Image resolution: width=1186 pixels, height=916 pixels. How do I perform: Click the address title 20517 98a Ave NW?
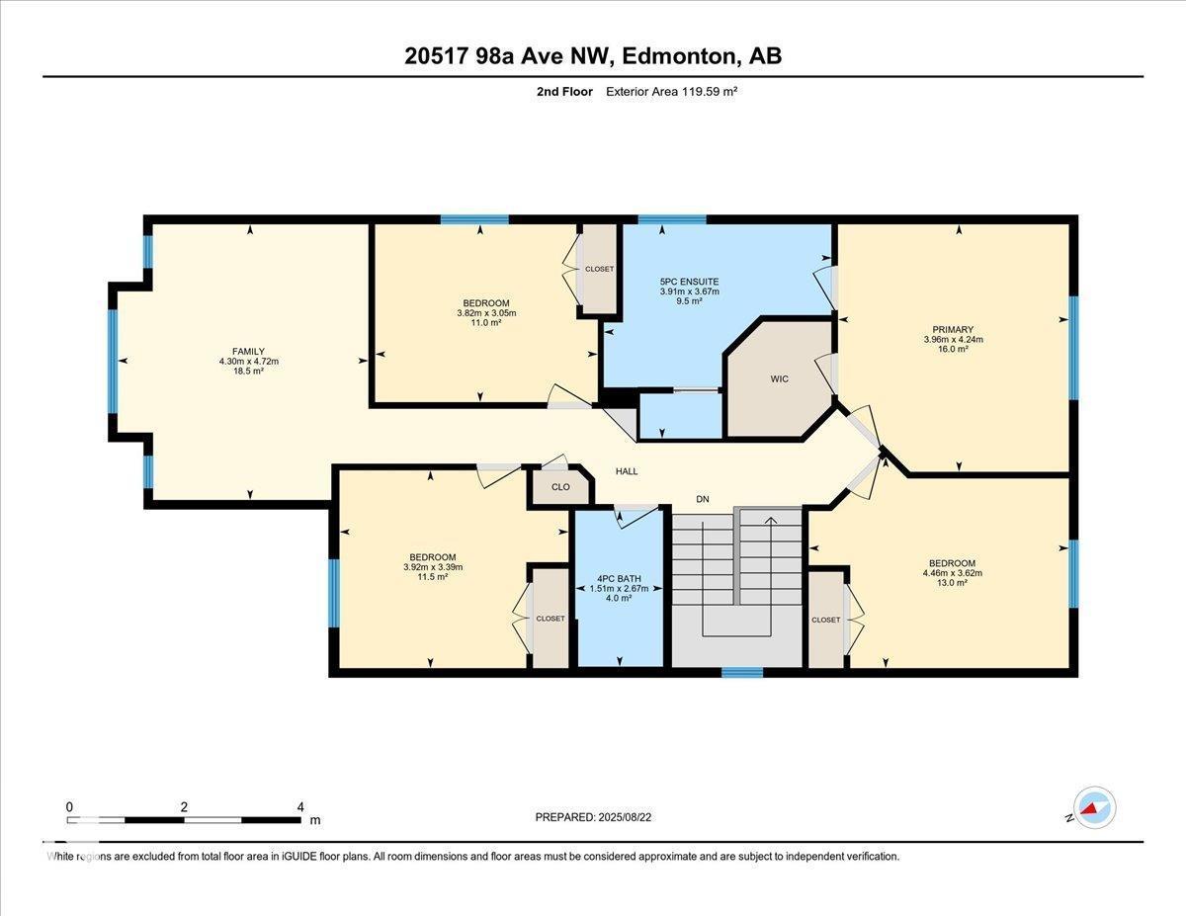tap(592, 56)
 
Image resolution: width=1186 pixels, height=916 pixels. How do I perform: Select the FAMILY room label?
tap(249, 351)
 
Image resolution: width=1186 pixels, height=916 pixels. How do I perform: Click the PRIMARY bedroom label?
tap(953, 330)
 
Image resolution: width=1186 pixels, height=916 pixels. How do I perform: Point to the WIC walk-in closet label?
tap(779, 379)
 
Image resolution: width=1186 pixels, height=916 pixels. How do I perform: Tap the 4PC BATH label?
tap(618, 578)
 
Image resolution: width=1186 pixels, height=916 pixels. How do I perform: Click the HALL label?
tap(627, 471)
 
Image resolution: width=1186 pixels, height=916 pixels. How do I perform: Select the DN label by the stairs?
tap(703, 500)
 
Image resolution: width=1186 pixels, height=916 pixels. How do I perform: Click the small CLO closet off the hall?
tap(560, 487)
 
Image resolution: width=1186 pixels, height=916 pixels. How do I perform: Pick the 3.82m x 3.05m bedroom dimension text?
tap(486, 313)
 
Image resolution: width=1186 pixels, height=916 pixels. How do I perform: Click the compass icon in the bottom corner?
tap(1095, 807)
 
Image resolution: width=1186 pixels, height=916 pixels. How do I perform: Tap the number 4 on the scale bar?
tap(300, 806)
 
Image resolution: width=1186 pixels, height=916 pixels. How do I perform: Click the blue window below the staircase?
tap(741, 673)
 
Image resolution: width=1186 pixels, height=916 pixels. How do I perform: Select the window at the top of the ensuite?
tap(672, 219)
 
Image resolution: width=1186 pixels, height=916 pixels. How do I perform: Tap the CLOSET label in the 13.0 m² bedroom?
tap(825, 620)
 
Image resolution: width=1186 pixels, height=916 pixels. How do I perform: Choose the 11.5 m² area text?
tap(433, 577)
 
